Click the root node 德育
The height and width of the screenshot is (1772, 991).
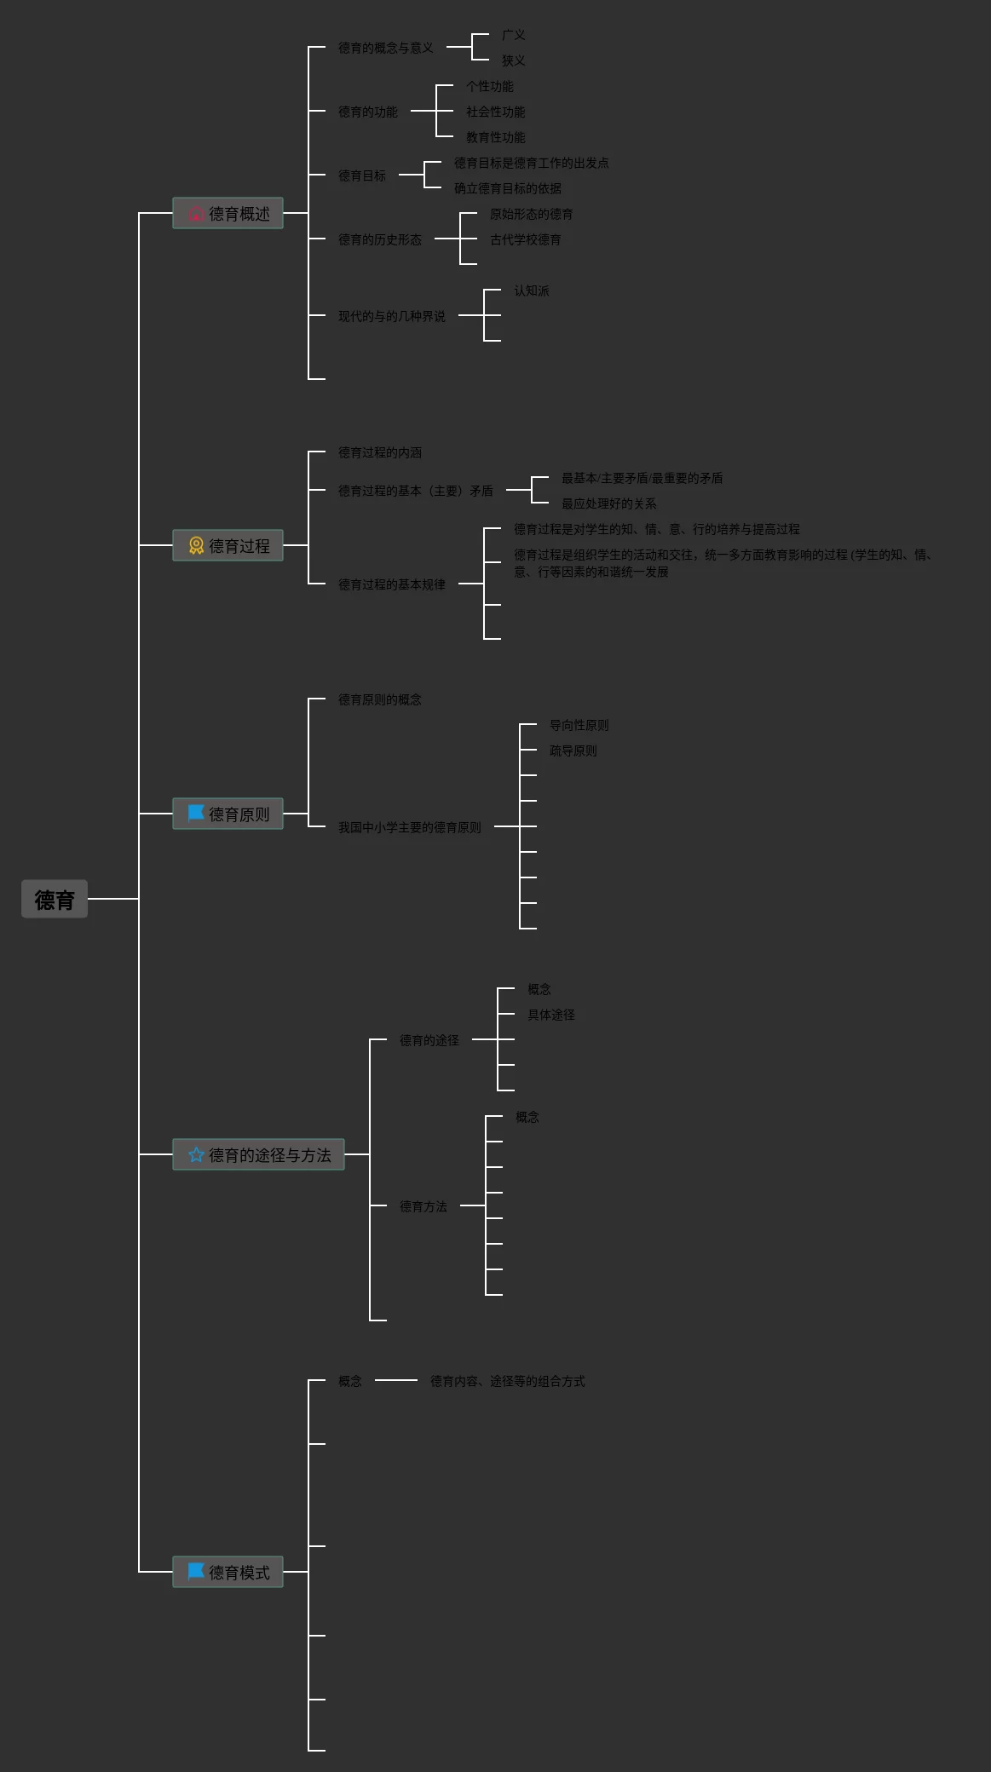(x=55, y=899)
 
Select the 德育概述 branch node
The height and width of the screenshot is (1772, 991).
(x=228, y=213)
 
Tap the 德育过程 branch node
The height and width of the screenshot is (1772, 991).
(x=228, y=545)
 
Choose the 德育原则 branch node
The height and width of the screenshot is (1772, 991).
(x=228, y=814)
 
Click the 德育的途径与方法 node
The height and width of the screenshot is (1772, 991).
(x=258, y=1154)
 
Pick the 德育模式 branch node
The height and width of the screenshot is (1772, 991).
(x=228, y=1572)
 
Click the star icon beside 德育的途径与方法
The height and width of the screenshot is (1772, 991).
(x=196, y=1154)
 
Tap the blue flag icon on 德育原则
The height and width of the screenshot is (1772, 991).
(x=196, y=813)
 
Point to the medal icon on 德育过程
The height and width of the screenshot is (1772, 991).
(x=196, y=545)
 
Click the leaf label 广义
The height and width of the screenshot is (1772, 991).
(x=513, y=35)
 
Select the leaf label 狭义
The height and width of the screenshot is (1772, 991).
(x=513, y=60)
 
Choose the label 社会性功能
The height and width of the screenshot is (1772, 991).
(x=495, y=112)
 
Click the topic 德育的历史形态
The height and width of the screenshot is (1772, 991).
(x=379, y=239)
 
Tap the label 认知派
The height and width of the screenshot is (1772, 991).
(x=531, y=291)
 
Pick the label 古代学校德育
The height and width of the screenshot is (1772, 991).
(x=525, y=239)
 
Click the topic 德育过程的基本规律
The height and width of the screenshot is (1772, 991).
(x=391, y=584)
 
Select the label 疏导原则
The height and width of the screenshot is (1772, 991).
(x=573, y=751)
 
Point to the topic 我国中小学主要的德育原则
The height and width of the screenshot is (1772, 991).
(x=409, y=827)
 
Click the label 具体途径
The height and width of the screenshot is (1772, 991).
(x=550, y=1015)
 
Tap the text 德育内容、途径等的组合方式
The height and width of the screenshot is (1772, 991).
(x=507, y=1381)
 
